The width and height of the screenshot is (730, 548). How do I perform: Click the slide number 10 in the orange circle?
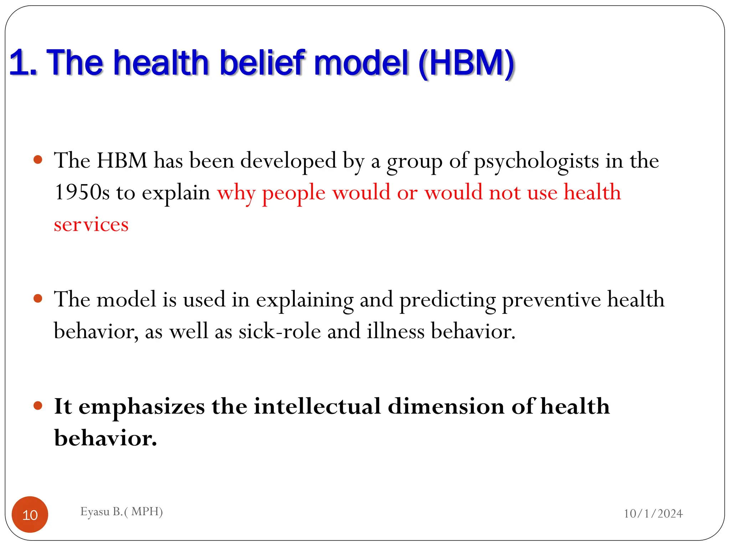[30, 515]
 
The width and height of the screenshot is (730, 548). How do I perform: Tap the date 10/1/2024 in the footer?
[653, 513]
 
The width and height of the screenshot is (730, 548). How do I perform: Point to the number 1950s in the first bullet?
[82, 192]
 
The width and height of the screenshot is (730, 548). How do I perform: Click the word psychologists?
[536, 161]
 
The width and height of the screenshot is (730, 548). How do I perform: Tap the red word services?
[91, 224]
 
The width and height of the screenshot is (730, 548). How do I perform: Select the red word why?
[236, 193]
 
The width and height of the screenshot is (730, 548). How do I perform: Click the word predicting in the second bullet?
[447, 300]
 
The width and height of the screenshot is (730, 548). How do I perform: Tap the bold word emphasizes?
[142, 406]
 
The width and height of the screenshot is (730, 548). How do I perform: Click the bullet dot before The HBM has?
[38, 159]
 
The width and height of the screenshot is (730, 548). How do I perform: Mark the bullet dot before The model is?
[38, 298]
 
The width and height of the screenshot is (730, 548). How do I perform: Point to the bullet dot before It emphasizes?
[38, 405]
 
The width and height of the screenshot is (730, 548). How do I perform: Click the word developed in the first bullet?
[288, 161]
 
